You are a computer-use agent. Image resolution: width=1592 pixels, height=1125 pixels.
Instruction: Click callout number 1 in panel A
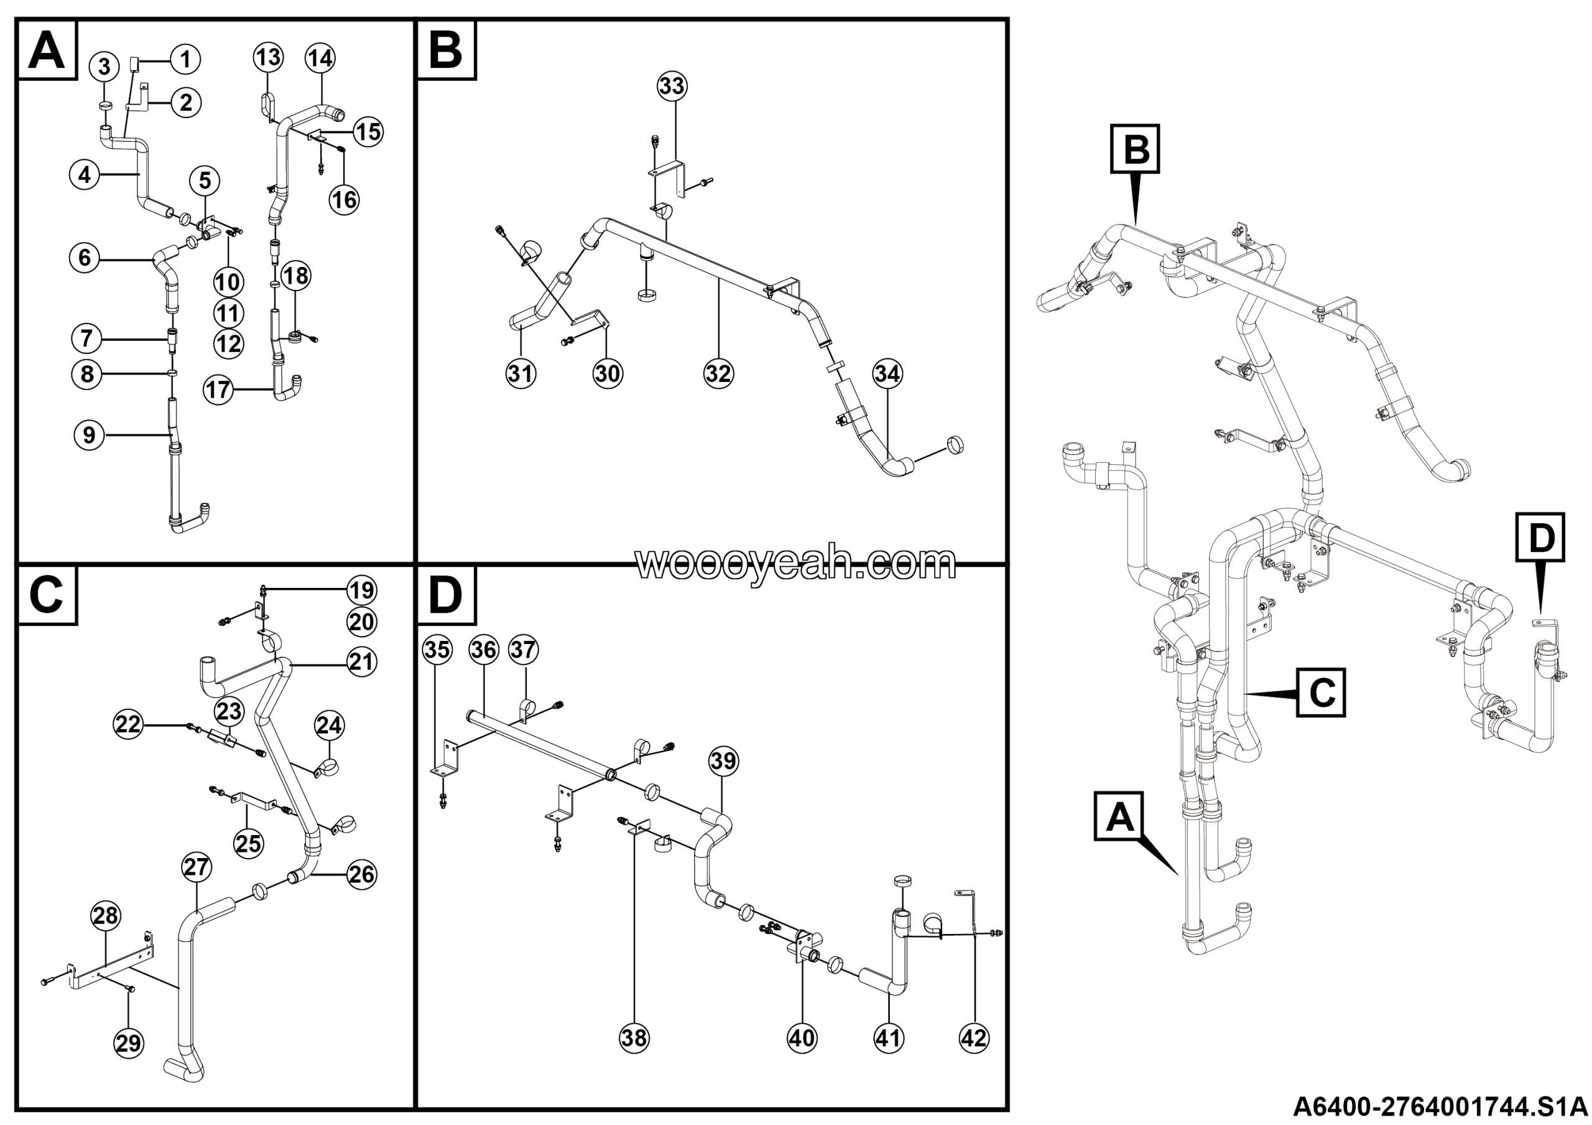pyautogui.click(x=185, y=60)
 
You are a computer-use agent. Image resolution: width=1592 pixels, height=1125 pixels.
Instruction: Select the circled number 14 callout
pyautogui.click(x=320, y=59)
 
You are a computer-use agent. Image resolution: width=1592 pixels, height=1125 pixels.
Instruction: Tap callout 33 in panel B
pyautogui.click(x=671, y=86)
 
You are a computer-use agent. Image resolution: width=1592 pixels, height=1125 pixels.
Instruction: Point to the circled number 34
pyautogui.click(x=887, y=374)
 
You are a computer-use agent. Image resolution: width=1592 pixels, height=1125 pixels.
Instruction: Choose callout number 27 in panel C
pyautogui.click(x=197, y=867)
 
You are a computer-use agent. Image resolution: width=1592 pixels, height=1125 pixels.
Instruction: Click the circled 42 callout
pyautogui.click(x=973, y=1039)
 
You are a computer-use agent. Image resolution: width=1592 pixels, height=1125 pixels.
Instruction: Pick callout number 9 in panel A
pyautogui.click(x=89, y=435)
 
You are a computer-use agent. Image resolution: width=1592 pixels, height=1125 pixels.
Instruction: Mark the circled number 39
pyautogui.click(x=723, y=761)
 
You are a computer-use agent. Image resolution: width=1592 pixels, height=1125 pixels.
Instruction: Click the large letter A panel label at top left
pyautogui.click(x=47, y=50)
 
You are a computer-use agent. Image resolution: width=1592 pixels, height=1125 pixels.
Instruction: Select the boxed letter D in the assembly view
pyautogui.click(x=1540, y=538)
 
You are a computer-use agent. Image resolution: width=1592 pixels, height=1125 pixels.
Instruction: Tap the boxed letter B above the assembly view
pyautogui.click(x=1135, y=149)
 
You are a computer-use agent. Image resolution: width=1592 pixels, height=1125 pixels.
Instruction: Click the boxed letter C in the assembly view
pyautogui.click(x=1321, y=692)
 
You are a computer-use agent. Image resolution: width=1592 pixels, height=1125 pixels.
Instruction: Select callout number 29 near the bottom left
pyautogui.click(x=128, y=1044)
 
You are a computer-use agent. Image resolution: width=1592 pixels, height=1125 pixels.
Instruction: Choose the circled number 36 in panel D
pyautogui.click(x=483, y=650)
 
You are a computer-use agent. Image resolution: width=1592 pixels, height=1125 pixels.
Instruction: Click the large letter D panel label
pyautogui.click(x=445, y=595)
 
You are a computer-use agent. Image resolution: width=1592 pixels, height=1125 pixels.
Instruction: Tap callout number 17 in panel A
pyautogui.click(x=218, y=389)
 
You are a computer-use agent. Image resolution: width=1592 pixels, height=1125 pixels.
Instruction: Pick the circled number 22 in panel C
pyautogui.click(x=127, y=725)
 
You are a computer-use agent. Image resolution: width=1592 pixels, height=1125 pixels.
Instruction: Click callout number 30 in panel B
pyautogui.click(x=608, y=374)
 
